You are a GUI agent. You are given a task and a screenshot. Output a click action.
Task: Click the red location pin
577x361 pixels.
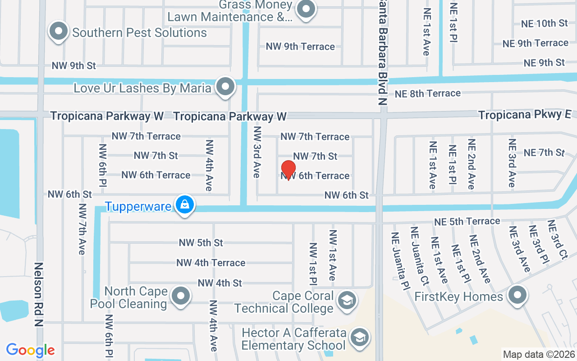[x=288, y=170]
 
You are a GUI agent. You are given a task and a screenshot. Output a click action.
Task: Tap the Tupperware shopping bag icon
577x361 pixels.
[x=184, y=205]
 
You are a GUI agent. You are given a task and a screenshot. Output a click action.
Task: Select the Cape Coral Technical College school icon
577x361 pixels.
[x=347, y=301]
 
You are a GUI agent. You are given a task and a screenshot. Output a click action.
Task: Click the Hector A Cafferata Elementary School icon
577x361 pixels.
[x=359, y=337]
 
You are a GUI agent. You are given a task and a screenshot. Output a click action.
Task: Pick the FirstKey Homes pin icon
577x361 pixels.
[x=517, y=296]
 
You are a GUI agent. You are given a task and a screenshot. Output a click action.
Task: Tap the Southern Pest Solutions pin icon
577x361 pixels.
[x=59, y=32]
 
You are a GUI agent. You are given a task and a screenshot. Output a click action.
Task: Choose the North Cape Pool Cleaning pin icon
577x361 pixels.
[x=181, y=296]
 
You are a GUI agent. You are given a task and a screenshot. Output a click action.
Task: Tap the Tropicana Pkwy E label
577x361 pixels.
[x=524, y=115]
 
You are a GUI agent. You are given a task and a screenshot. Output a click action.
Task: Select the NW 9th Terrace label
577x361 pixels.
[x=300, y=46]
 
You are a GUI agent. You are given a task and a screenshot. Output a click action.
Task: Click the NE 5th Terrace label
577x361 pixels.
[x=467, y=222]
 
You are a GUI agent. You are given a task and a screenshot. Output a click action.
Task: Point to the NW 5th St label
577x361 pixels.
[x=201, y=242]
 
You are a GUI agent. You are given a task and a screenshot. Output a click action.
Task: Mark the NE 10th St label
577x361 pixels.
[x=544, y=23]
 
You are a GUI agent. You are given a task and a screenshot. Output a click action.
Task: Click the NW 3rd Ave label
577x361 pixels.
[x=257, y=151]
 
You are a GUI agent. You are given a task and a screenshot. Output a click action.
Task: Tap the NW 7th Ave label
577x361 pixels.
[x=82, y=229]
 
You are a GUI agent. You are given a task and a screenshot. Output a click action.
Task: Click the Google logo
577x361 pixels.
[x=30, y=350]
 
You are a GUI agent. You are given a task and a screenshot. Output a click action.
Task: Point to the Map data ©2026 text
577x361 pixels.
[x=539, y=354]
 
